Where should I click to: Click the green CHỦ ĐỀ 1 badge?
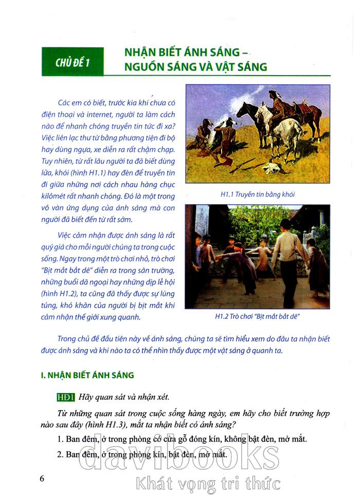pos(73,62)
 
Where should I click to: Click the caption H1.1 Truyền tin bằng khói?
pos(257,194)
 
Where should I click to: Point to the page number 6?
pos(42,478)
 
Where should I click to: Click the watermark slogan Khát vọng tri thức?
pos(208,483)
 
